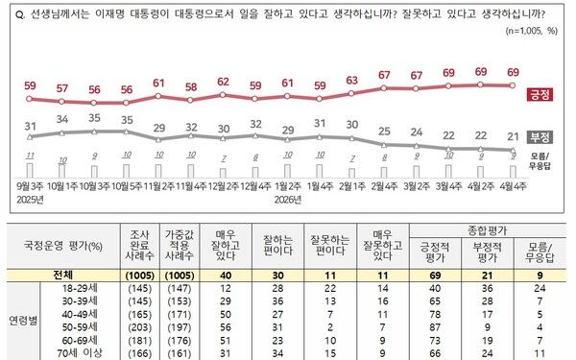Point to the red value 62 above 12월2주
pyautogui.click(x=223, y=82)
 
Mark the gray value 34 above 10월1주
pyautogui.click(x=61, y=120)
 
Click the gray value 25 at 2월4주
pyautogui.click(x=384, y=131)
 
